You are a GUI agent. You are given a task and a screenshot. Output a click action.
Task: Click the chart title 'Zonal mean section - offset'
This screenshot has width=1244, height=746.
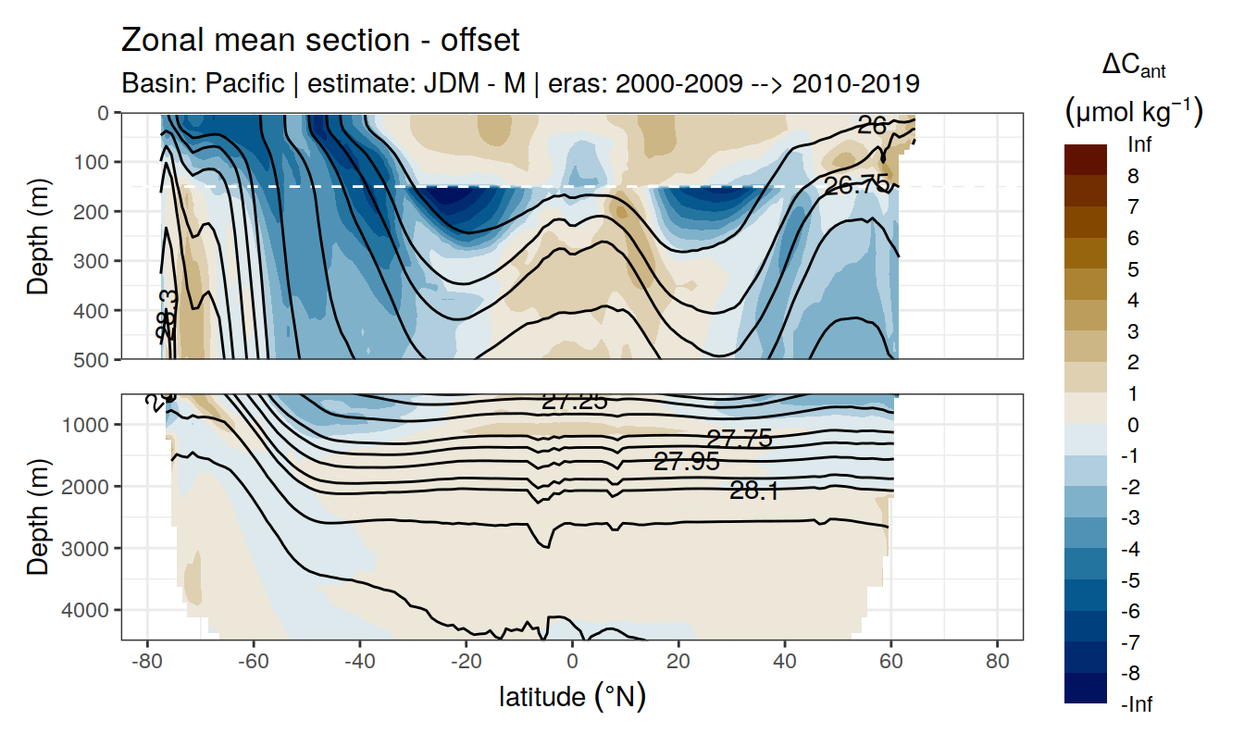coord(320,41)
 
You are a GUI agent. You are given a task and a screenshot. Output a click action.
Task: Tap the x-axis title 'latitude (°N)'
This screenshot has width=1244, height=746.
coord(572,696)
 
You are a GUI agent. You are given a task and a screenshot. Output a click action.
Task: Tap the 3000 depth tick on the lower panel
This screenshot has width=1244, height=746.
coord(91,548)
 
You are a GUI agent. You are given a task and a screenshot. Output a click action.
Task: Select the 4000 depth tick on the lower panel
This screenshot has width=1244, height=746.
coord(91,610)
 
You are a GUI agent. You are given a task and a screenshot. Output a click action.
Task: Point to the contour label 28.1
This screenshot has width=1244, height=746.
coord(753,491)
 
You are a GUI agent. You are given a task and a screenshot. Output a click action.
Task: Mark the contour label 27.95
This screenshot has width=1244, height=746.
coord(686,461)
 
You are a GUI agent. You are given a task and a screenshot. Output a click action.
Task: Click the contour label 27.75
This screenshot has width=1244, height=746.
coord(739,439)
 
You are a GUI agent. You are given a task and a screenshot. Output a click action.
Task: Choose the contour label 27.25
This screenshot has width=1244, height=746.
coord(574,402)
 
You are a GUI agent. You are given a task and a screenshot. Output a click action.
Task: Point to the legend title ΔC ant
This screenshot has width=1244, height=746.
coord(1133,66)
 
